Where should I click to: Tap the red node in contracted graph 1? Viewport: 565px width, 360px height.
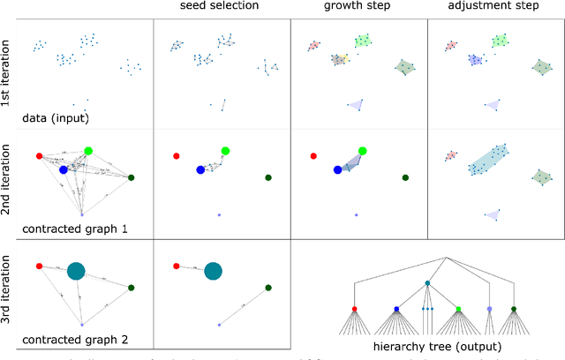click(39, 156)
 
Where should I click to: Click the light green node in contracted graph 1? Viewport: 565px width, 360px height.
click(88, 151)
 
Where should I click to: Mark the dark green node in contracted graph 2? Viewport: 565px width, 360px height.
click(131, 288)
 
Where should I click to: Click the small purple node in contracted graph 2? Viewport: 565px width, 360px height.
click(81, 325)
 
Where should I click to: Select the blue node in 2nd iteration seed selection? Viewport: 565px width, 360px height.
click(200, 169)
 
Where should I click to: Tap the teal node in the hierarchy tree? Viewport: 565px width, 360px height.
click(426, 283)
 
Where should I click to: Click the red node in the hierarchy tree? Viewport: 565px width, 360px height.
click(355, 309)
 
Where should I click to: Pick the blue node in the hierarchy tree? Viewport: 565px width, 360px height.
click(396, 309)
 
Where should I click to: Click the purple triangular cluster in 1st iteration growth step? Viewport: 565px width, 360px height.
click(356, 105)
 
